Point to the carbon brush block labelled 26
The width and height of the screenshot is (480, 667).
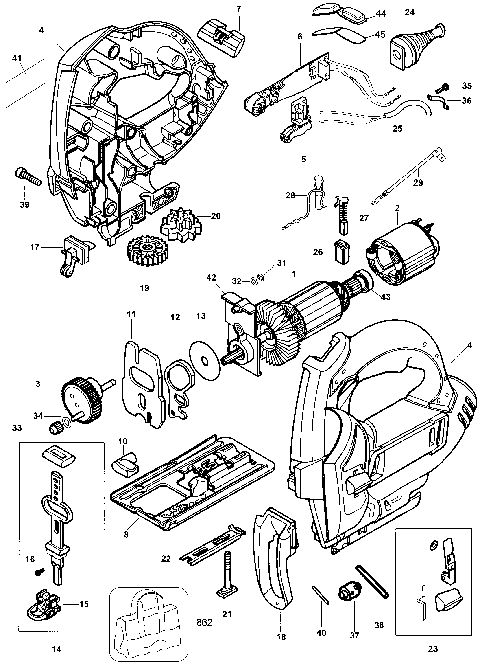click(x=341, y=251)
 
